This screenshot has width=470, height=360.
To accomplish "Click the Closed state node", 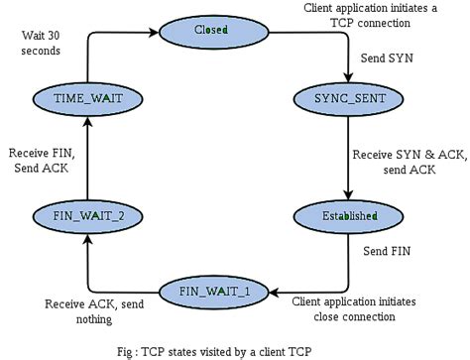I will (x=210, y=31).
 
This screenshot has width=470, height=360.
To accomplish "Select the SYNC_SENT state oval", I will (x=349, y=98).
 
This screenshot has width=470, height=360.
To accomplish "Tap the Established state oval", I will (x=349, y=215).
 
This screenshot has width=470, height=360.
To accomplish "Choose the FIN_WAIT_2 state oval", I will (x=85, y=214).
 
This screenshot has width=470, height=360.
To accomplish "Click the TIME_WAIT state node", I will (x=85, y=98).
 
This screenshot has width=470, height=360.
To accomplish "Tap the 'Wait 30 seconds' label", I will (x=43, y=42).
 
